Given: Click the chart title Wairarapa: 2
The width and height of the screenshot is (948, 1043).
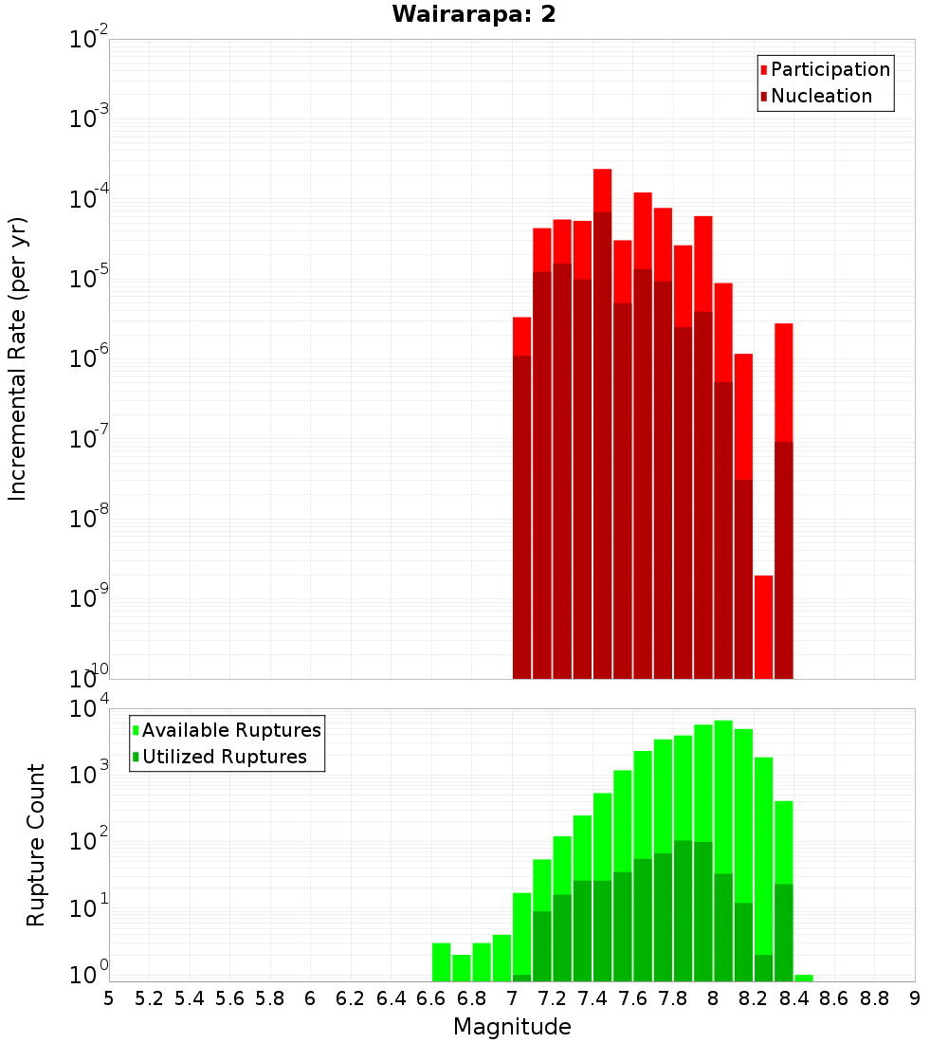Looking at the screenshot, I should [x=473, y=15].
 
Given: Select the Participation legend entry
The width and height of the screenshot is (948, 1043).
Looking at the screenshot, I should [x=829, y=69].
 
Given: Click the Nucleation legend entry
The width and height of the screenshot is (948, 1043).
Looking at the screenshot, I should [x=820, y=96].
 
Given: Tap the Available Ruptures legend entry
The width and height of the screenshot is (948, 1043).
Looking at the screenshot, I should [x=230, y=730].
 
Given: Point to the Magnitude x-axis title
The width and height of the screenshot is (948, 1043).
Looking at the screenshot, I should [x=512, y=1027].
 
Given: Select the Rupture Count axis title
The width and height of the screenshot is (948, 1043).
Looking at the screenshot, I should [x=36, y=845].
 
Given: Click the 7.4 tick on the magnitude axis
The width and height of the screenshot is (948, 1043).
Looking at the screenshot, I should [x=592, y=998].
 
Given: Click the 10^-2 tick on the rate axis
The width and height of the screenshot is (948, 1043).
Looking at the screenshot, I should [x=89, y=40].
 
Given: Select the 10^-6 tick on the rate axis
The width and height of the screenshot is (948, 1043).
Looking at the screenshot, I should [x=89, y=358].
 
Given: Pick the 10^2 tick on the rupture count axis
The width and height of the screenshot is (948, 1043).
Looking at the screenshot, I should [x=89, y=842].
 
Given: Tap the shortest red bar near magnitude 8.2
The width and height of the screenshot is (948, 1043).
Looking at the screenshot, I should [x=763, y=626].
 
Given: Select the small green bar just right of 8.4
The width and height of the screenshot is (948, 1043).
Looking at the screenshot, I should [x=804, y=978].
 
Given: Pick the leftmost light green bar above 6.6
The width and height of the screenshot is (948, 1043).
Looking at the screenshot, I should [x=441, y=961].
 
